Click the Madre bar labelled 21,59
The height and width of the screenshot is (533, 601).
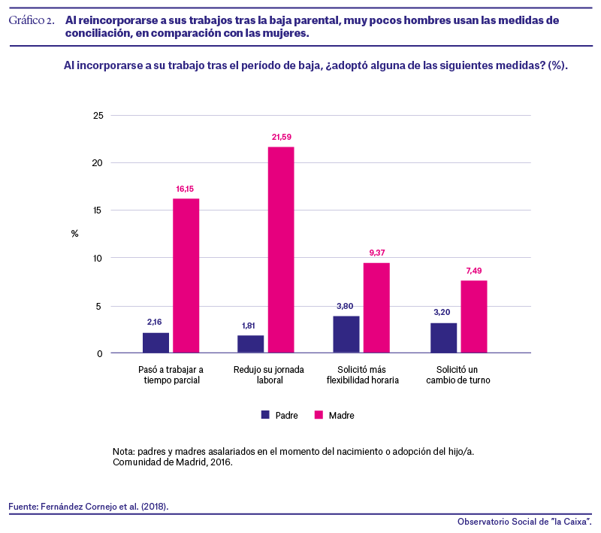281,250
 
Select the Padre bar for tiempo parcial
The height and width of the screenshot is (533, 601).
156,343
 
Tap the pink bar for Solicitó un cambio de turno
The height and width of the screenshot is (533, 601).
474,316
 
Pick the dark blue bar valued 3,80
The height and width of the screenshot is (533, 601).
346,335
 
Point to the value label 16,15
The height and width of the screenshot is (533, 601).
185,189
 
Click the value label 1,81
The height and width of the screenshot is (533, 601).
249,326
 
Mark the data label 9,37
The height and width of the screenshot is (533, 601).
377,253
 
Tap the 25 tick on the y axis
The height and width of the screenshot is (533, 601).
98,116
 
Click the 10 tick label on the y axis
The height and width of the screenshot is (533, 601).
98,258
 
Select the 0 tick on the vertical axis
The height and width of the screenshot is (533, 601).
100,353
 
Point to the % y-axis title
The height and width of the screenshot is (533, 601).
74,234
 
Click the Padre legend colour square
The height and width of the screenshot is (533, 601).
265,415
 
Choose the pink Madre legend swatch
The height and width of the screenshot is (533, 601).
319,415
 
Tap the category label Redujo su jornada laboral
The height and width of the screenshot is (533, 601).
269,375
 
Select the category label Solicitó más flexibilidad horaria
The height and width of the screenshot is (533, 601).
363,375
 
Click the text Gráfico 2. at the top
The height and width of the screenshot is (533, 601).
32,20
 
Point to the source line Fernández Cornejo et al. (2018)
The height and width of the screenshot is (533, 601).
104,507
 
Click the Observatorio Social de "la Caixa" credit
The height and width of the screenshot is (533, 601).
524,522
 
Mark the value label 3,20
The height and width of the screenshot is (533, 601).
442,312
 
